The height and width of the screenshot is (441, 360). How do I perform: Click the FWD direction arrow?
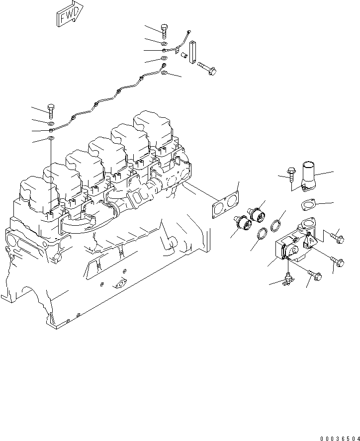[69, 15]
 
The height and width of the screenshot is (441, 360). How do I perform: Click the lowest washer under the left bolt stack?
[51, 138]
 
